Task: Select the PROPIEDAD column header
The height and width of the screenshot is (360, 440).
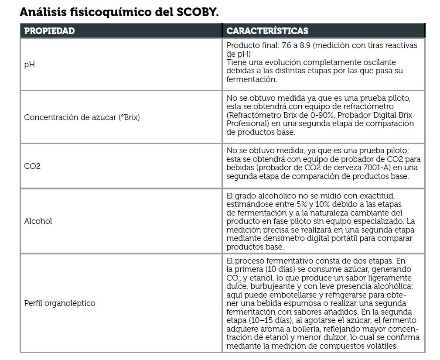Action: (49, 31)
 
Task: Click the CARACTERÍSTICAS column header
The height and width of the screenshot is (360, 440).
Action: (267, 31)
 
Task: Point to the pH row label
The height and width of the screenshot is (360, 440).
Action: (29, 65)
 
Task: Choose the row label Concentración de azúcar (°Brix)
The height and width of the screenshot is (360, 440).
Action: (82, 117)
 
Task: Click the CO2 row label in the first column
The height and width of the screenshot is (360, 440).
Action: (32, 166)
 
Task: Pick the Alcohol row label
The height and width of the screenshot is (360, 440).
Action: (38, 221)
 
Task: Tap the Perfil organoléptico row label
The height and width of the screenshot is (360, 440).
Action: (60, 303)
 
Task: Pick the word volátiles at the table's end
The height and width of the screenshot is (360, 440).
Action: (382, 346)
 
